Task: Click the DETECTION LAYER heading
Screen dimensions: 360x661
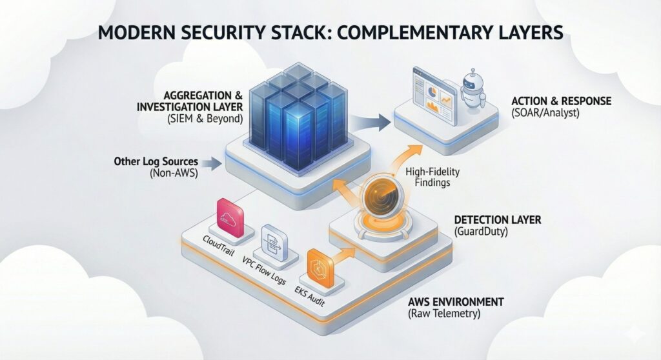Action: tap(498, 220)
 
